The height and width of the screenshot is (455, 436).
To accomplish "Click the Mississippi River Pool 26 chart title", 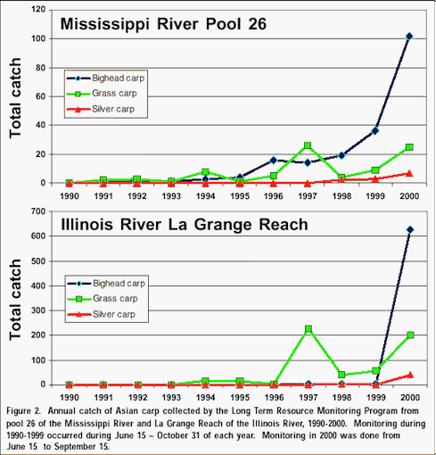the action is click(x=163, y=24).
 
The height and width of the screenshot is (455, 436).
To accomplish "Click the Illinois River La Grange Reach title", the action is click(x=185, y=225).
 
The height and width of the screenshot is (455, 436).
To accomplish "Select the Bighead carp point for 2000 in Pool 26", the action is click(x=409, y=37).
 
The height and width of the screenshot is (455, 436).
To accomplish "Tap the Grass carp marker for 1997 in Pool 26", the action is click(x=308, y=145).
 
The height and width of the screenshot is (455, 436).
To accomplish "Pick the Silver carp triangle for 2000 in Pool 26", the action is click(x=409, y=173).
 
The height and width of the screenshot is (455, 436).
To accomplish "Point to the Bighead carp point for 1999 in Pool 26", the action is click(x=375, y=130).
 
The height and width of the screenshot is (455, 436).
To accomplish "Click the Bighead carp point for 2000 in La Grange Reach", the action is click(x=410, y=229).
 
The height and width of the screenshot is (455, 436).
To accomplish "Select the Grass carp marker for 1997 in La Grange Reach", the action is click(x=308, y=329).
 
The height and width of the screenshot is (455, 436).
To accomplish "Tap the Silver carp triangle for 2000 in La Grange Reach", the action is click(x=410, y=375).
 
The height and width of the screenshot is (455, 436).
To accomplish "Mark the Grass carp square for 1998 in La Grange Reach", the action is click(x=341, y=375).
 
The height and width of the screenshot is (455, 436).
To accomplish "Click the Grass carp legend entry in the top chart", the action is click(x=102, y=94).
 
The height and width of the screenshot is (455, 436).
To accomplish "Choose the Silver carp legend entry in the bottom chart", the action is click(x=102, y=314).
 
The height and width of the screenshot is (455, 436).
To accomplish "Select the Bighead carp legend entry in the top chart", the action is click(x=106, y=79).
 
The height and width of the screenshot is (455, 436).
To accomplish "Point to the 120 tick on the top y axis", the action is click(x=38, y=10).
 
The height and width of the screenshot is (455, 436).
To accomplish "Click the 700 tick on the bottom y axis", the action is click(x=38, y=211).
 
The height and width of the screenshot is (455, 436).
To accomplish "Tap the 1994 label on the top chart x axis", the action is click(x=206, y=196).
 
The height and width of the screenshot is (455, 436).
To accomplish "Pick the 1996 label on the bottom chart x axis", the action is click(x=274, y=398).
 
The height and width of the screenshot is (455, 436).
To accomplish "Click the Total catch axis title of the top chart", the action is click(x=15, y=98).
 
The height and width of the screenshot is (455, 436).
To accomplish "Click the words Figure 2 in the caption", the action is click(x=23, y=411).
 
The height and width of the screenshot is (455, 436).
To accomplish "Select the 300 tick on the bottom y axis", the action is click(x=38, y=310).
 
